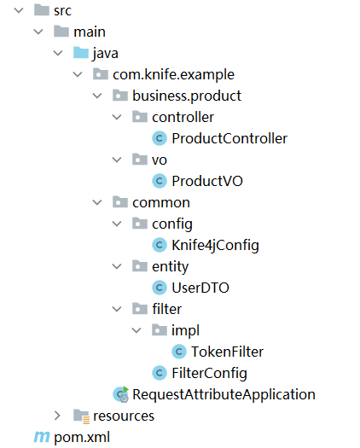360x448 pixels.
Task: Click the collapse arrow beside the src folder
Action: click(19, 10)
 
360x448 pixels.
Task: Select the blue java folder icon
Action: click(81, 53)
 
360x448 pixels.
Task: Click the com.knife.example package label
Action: click(173, 74)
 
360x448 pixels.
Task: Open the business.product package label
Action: click(187, 96)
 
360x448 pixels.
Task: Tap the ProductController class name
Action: click(229, 138)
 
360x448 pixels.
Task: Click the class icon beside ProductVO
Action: click(160, 181)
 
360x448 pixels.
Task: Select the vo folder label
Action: click(160, 160)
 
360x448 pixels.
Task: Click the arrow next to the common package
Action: click(97, 202)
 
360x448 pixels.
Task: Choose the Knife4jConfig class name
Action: click(215, 246)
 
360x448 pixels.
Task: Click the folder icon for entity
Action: click(140, 266)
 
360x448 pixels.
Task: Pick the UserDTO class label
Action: click(200, 288)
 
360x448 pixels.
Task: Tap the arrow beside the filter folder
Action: click(117, 309)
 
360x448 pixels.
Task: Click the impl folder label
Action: click(185, 331)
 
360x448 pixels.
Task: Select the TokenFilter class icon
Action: click(179, 352)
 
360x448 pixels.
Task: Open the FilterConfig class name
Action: click(209, 373)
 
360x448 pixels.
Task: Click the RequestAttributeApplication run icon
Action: click(121, 394)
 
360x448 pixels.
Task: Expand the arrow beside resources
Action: click(57, 416)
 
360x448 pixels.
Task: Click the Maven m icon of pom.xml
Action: click(42, 437)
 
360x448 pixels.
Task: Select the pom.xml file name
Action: click(82, 438)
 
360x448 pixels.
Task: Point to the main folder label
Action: click(90, 32)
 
